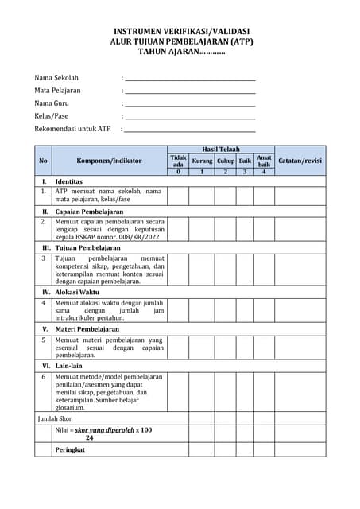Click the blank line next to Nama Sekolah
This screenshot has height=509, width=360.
[190, 79]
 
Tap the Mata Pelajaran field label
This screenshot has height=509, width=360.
[57, 91]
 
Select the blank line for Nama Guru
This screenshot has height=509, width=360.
[190, 104]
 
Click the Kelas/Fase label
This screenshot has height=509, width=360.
[51, 116]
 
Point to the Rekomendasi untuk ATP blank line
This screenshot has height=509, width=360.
[190, 130]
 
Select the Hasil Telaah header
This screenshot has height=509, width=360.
[221, 149]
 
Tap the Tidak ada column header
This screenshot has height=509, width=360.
[178, 161]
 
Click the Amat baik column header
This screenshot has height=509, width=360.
[264, 161]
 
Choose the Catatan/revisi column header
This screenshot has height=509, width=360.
[300, 161]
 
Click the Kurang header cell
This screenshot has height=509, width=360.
[202, 161]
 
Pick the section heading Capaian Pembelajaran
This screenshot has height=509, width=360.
[89, 212]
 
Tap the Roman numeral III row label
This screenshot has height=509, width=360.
[46, 248]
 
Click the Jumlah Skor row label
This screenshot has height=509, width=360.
[55, 418]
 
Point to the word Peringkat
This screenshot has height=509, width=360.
[70, 449]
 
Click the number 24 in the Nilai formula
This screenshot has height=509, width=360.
[89, 437]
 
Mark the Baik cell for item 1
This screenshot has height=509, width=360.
[245, 196]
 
